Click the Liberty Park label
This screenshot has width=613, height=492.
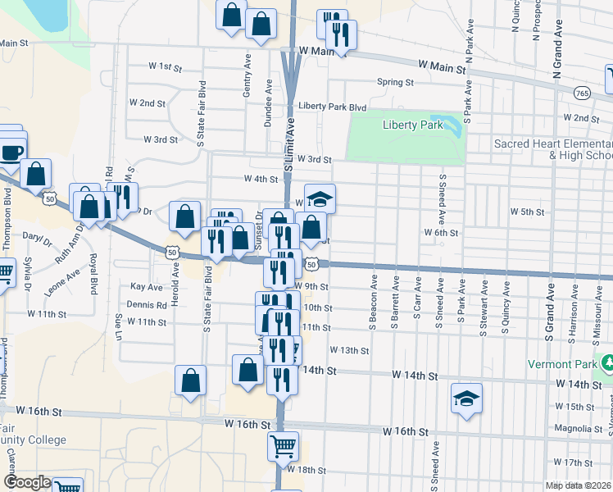[x=412, y=125]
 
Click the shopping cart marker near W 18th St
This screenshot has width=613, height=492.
[x=283, y=446]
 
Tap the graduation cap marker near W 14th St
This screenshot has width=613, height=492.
[x=467, y=398]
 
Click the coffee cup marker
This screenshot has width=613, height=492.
[x=12, y=151]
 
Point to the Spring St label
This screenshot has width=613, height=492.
[x=395, y=82]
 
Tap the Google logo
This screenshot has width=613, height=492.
[x=27, y=482]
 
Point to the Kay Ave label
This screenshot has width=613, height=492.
[x=148, y=287]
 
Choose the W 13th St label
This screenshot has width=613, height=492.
[x=350, y=350]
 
